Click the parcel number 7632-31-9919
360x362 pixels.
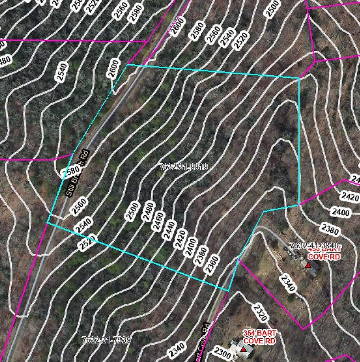pyautogui.click(x=183, y=167)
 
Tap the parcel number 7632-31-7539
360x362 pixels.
pyautogui.click(x=106, y=340)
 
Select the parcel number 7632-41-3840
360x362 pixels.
pyautogui.click(x=314, y=245)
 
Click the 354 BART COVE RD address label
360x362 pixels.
pyautogui.click(x=259, y=337)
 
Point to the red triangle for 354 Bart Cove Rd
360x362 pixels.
pyautogui.click(x=244, y=349)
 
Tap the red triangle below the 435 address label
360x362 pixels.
pyautogui.click(x=308, y=265)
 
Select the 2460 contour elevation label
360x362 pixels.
pyautogui.click(x=159, y=221)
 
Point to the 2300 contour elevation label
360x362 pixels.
pyautogui.click(x=222, y=352)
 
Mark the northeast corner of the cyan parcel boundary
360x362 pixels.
pyautogui.click(x=299, y=78)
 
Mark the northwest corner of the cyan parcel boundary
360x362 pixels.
pyautogui.click(x=127, y=65)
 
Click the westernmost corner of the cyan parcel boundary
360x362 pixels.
pyautogui.click(x=47, y=223)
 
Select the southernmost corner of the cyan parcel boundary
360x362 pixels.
pyautogui.click(x=228, y=291)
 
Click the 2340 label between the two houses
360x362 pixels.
pyautogui.click(x=287, y=284)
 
